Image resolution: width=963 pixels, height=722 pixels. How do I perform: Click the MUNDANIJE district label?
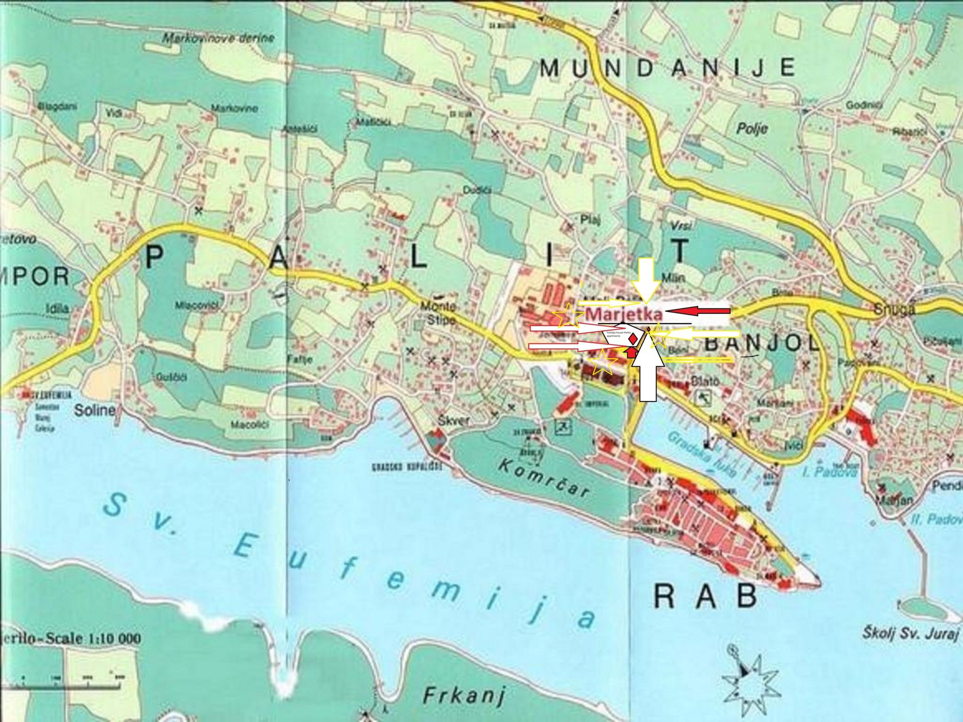pyautogui.click(x=667, y=69)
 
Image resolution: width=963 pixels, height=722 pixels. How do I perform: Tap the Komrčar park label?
pyautogui.click(x=544, y=477)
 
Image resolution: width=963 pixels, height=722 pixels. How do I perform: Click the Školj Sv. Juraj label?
pyautogui.click(x=910, y=634)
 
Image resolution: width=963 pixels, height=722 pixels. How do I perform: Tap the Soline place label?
pyautogui.click(x=95, y=410)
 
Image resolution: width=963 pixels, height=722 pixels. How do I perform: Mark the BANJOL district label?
pyautogui.click(x=761, y=345)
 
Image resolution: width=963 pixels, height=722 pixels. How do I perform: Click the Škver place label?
pyautogui.click(x=453, y=421)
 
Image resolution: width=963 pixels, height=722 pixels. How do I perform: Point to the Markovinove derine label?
pyautogui.click(x=218, y=39)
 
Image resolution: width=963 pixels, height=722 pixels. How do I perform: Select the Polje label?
pyautogui.click(x=752, y=127)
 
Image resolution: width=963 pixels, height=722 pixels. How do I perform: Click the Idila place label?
pyautogui.click(x=58, y=309)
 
